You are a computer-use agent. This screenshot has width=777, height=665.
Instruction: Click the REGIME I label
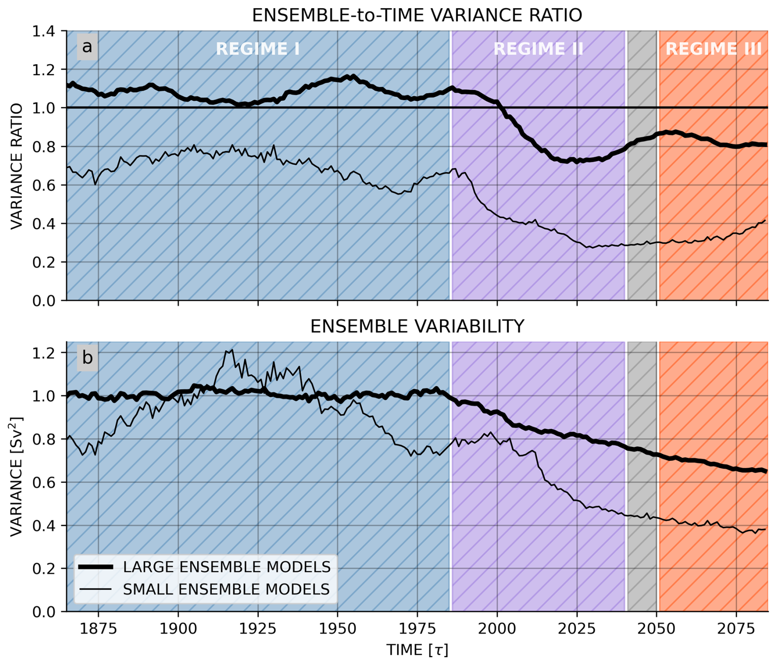point(258,49)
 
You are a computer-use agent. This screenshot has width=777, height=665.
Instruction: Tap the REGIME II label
point(538,49)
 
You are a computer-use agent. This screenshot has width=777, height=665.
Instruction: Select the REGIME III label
point(713,49)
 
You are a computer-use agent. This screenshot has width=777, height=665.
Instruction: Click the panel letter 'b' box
point(87,358)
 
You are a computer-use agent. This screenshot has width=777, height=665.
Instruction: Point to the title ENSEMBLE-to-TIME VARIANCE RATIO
point(417,16)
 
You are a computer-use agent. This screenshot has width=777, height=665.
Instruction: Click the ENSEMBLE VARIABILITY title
point(417,326)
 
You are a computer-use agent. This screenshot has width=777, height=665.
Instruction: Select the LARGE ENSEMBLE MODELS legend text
point(227,567)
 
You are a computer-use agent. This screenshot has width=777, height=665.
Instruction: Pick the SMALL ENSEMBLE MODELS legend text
point(226,589)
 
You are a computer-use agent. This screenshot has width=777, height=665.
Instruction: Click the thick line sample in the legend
point(95,567)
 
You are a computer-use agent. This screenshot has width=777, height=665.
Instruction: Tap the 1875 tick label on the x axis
point(98,629)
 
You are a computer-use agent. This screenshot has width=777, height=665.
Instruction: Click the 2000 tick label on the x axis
point(497,629)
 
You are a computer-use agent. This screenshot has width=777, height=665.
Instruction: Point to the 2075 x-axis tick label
point(736,629)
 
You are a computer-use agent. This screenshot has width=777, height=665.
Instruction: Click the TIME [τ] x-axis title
point(417,650)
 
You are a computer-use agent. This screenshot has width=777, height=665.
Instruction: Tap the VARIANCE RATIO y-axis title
point(16,166)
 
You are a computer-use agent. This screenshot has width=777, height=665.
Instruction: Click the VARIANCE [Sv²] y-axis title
point(16,476)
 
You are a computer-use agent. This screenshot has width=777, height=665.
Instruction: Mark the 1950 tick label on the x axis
point(338,629)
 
